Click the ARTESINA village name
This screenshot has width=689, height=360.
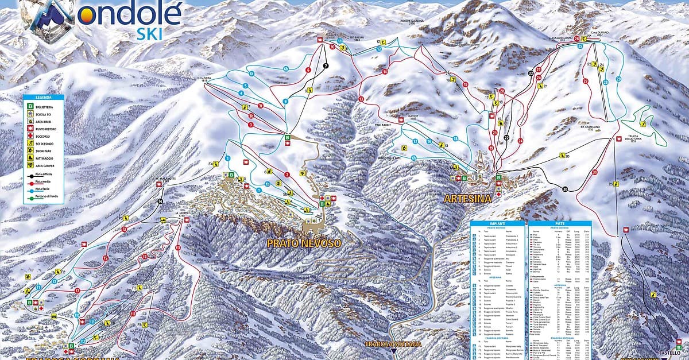(x=467, y=199)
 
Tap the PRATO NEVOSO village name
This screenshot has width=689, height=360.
(x=304, y=243)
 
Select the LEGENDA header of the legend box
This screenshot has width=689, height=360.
(x=44, y=98)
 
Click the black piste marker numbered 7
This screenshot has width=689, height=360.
(x=325, y=66)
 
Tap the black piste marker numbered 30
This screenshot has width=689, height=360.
(x=565, y=189)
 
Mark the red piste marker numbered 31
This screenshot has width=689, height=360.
(x=595, y=172)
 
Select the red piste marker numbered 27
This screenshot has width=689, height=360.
(x=586, y=81)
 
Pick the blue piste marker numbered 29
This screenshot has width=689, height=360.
(x=619, y=79)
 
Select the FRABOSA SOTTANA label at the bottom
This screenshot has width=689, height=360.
(x=393, y=344)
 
